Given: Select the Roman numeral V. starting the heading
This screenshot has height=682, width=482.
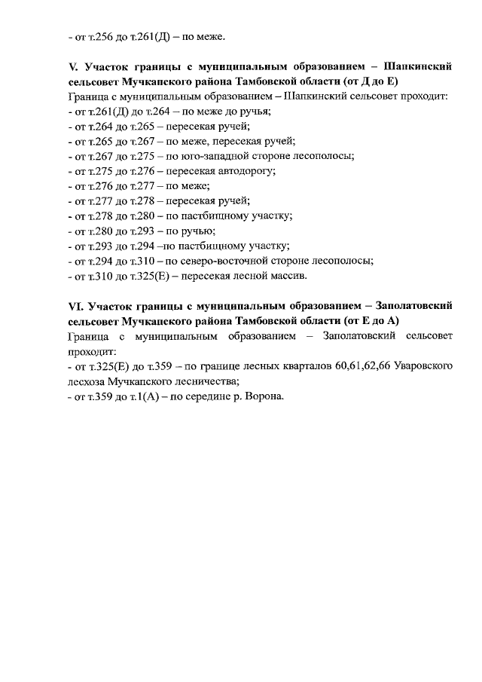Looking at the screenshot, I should click(x=73, y=67).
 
